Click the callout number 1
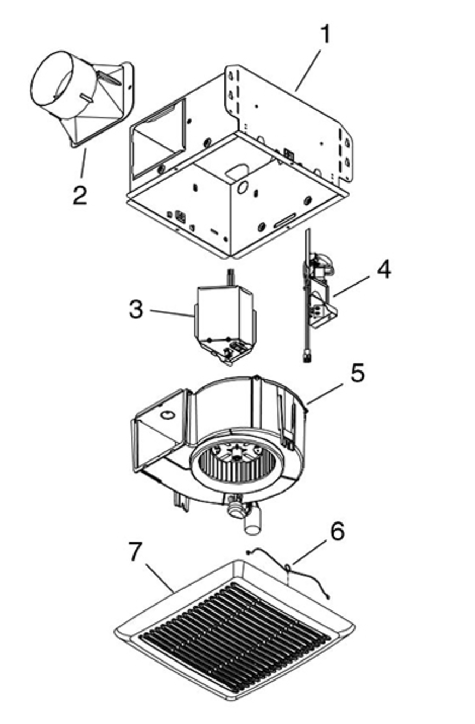tap(325, 35)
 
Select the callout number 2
tap(80, 195)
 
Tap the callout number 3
tap(136, 309)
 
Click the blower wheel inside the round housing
tap(233, 466)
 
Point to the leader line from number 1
tap(308, 70)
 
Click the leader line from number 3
tap(172, 313)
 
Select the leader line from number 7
tap(160, 579)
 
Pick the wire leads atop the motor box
tap(231, 278)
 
